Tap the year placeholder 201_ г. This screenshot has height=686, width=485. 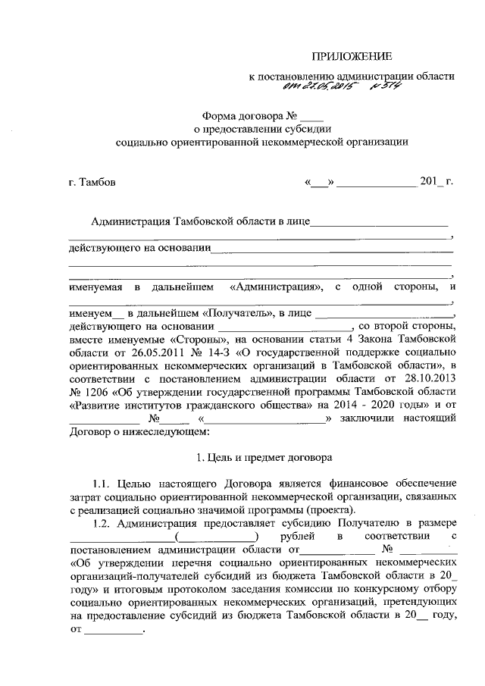(x=436, y=183)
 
